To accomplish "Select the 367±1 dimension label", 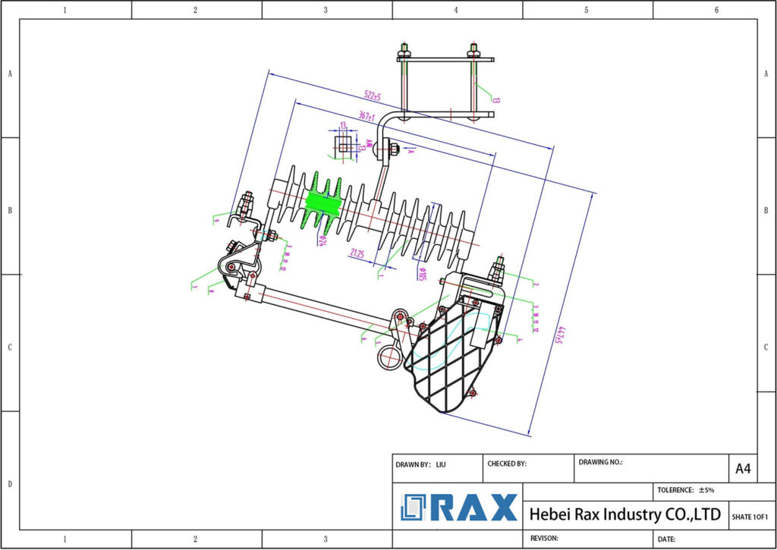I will click(x=367, y=116).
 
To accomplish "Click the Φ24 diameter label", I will click(x=322, y=240).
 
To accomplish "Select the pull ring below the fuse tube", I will click(x=389, y=357).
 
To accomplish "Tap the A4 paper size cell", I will click(x=743, y=469).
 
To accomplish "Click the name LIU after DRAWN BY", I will click(x=441, y=464).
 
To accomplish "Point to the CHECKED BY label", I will click(x=506, y=464).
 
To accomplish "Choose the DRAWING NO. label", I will click(x=600, y=461).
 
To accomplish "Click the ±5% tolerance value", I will click(x=705, y=490).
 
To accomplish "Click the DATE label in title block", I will click(x=666, y=539).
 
